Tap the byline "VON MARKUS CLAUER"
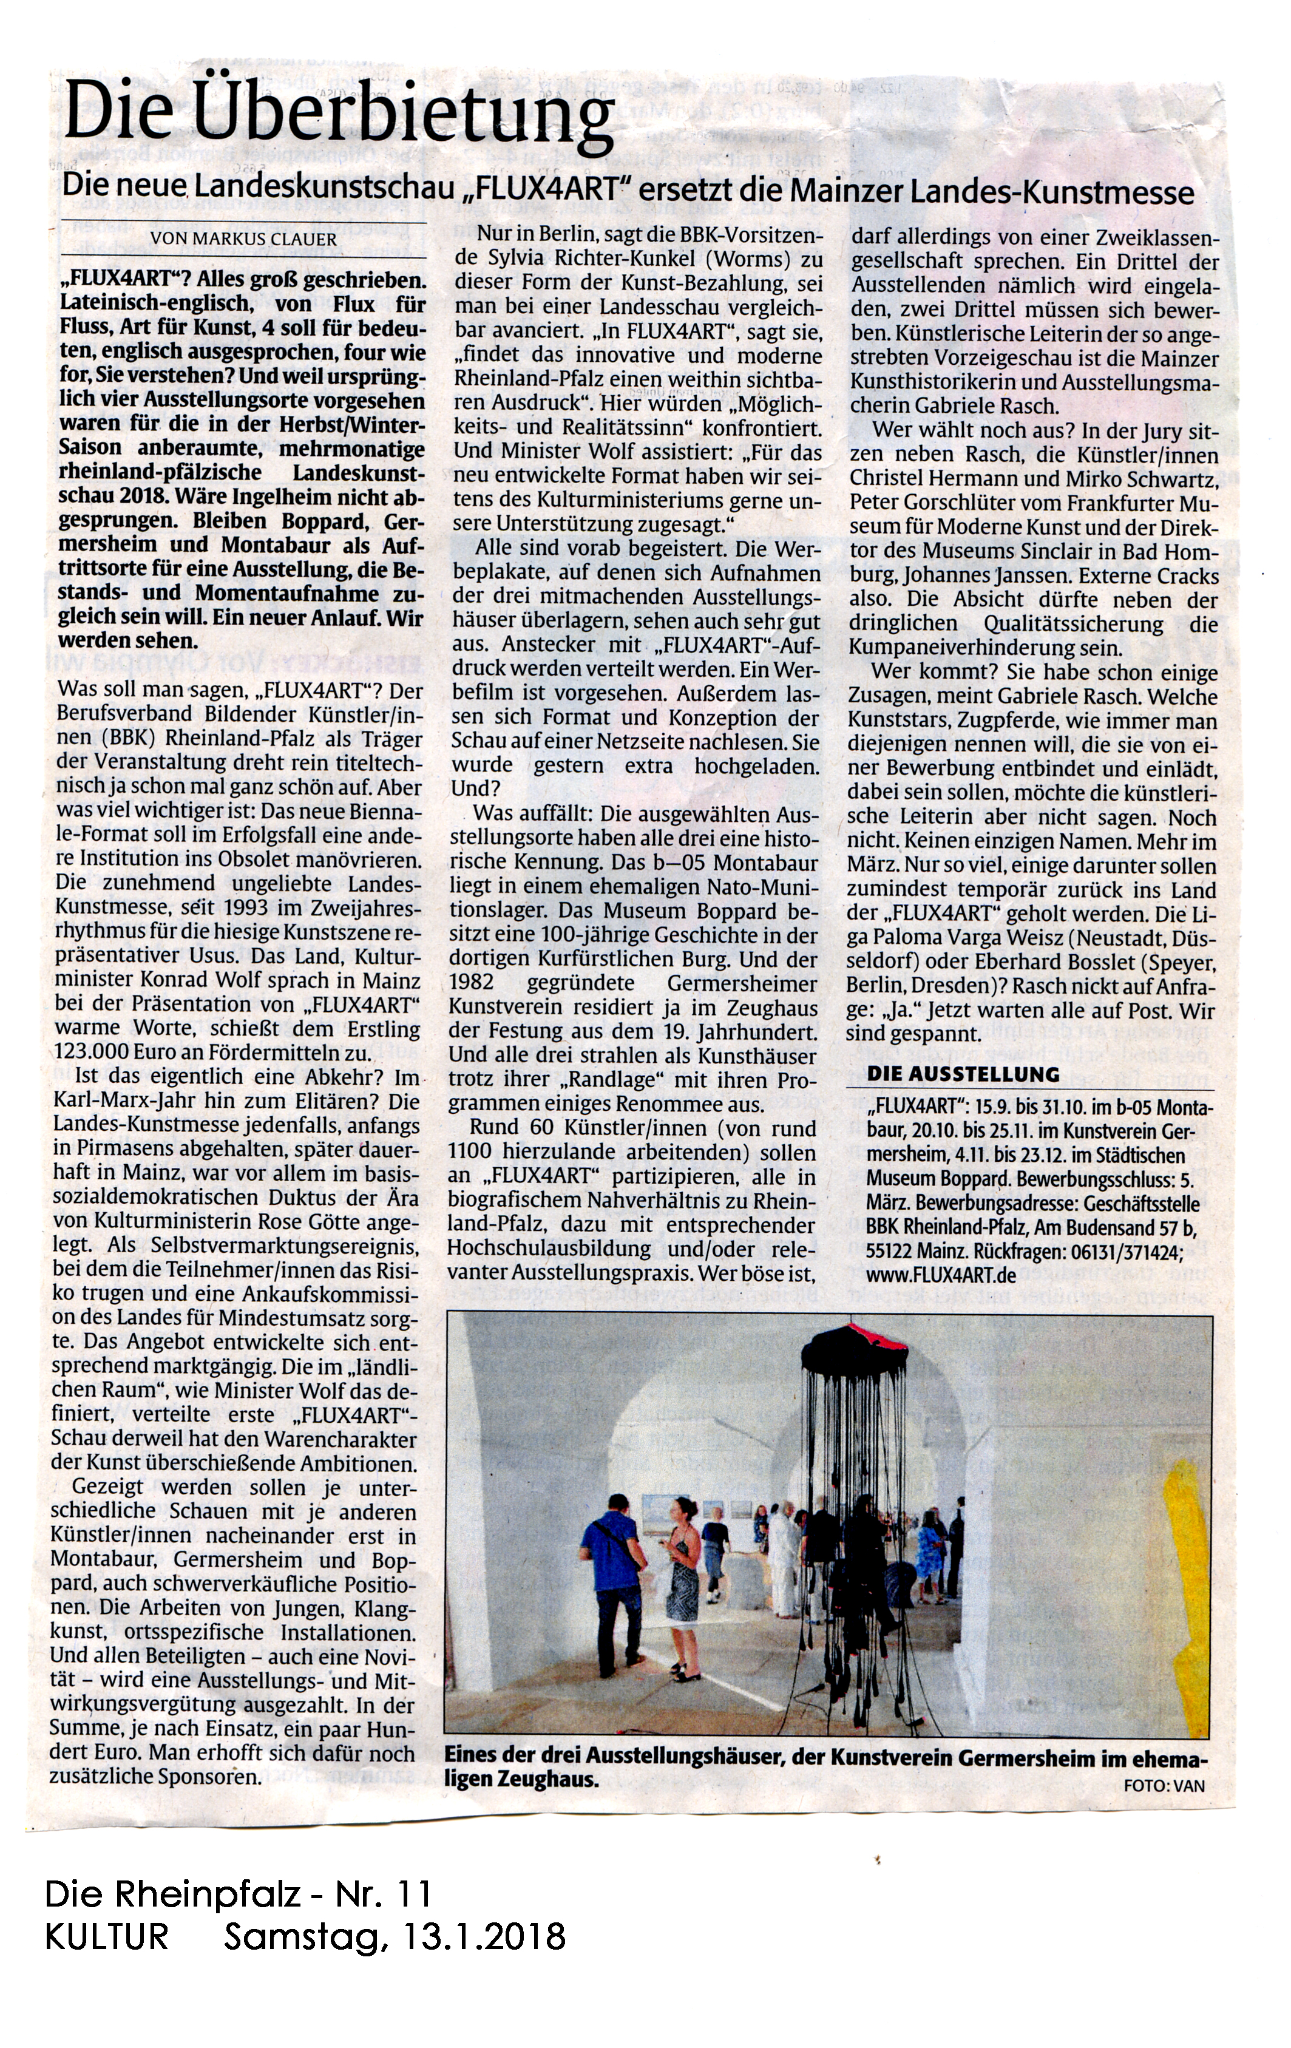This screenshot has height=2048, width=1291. pyautogui.click(x=243, y=239)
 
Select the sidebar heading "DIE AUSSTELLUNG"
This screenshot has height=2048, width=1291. pyautogui.click(x=963, y=1074)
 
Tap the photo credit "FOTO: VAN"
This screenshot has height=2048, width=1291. pyautogui.click(x=1164, y=1786)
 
